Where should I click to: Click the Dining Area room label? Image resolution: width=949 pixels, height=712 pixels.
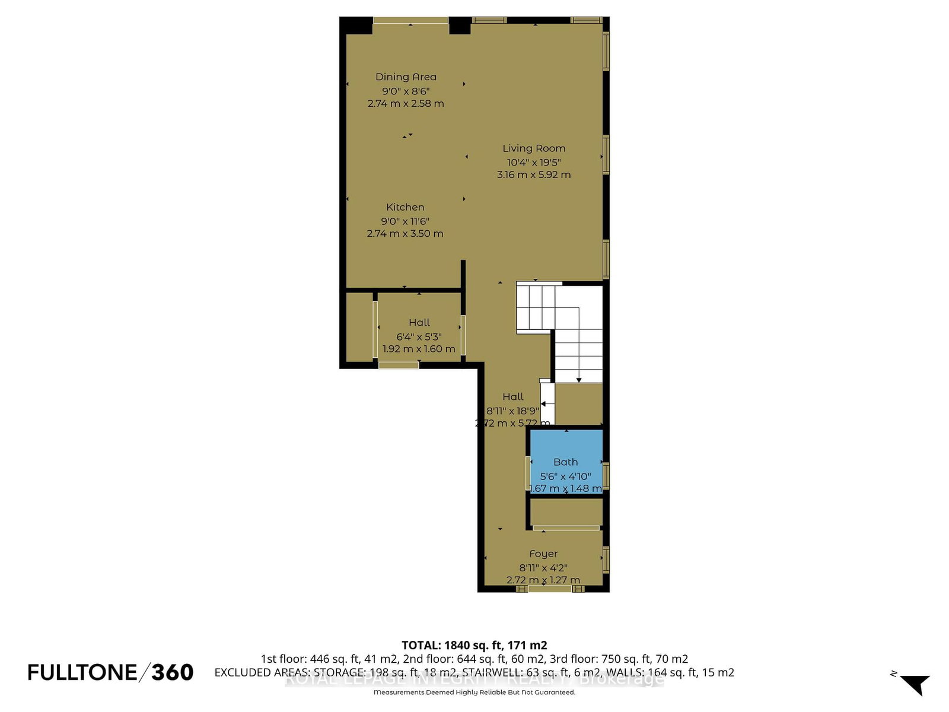[406, 77]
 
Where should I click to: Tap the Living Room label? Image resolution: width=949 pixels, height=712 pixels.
[534, 148]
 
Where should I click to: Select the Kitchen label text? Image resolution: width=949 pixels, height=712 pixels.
[405, 207]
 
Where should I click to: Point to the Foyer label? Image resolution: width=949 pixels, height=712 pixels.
[543, 554]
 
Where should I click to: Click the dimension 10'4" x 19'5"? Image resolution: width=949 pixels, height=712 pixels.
[533, 162]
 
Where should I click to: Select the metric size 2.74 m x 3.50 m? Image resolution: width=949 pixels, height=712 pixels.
[405, 233]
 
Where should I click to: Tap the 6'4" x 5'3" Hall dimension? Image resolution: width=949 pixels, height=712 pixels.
[419, 336]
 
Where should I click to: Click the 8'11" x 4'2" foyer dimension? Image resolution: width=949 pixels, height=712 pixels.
[543, 567]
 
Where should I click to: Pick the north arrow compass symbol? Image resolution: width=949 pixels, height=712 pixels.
[915, 684]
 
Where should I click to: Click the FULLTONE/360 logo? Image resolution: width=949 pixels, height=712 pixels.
[110, 672]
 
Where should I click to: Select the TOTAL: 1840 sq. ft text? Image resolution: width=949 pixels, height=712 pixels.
[474, 645]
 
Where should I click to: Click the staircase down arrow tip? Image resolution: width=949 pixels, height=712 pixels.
[579, 380]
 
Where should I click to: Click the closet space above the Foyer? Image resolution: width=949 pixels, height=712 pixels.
[566, 512]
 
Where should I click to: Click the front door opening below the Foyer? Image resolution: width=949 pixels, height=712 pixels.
[550, 589]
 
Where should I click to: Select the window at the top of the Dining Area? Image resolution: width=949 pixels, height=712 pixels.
[410, 21]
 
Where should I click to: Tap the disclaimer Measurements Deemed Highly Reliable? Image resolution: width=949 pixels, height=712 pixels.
[474, 692]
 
